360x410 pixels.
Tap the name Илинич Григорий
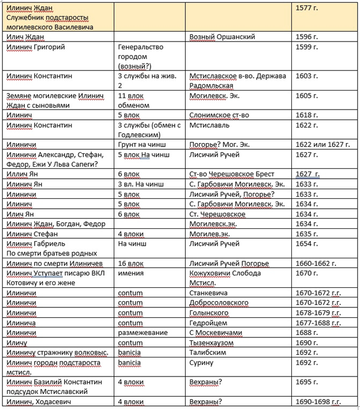point(34,47)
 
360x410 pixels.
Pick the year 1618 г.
point(306,115)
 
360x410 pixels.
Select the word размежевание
point(142,333)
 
